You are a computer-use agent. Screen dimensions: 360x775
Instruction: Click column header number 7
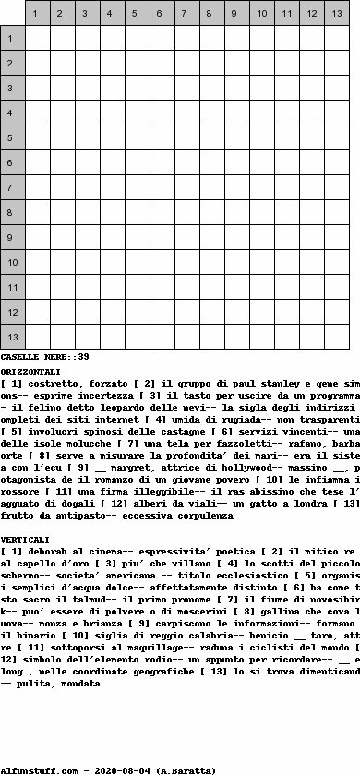187,13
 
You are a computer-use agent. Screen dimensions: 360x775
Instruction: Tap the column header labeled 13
337,13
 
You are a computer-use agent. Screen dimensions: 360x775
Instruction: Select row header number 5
13,137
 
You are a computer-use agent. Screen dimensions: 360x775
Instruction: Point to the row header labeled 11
13,287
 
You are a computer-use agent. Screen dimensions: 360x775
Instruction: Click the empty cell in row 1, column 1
38,38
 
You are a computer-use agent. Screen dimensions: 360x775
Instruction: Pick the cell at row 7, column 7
187,187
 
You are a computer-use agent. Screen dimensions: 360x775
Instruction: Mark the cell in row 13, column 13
337,337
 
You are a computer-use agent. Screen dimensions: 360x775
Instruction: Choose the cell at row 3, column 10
262,88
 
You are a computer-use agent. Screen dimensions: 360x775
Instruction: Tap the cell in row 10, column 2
63,262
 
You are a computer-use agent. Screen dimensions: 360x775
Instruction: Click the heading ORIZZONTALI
30,369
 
